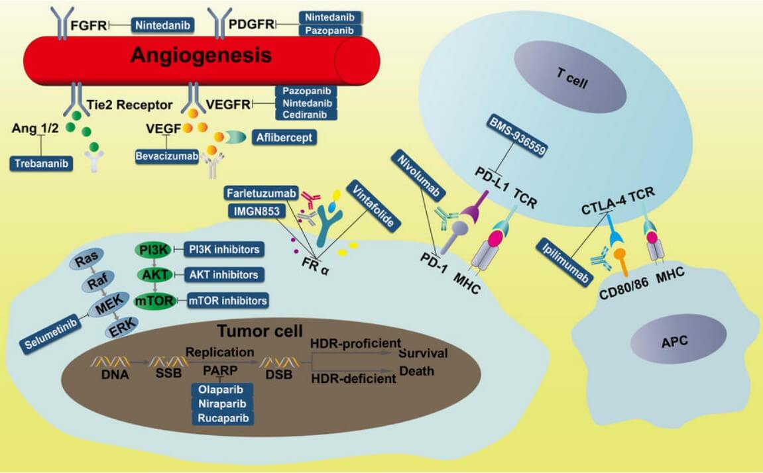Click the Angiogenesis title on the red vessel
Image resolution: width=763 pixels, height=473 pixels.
pos(201,54)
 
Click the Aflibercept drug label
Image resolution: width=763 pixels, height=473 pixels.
pos(283,138)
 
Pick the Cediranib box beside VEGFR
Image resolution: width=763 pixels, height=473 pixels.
pos(306,114)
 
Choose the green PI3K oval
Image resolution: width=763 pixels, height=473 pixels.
pos(152,249)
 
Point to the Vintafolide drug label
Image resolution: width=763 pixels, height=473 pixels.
pos(375,205)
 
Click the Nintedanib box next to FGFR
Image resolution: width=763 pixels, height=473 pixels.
pos(163,26)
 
